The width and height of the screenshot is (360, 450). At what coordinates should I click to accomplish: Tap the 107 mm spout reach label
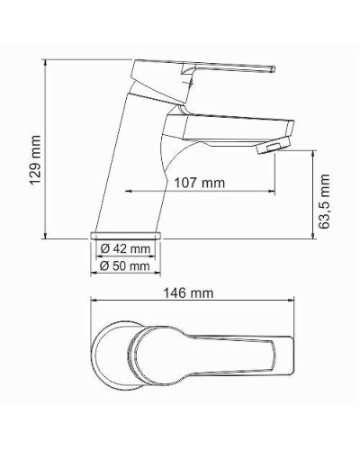(x=198, y=183)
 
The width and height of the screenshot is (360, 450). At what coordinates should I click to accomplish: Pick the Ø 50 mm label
(x=125, y=265)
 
